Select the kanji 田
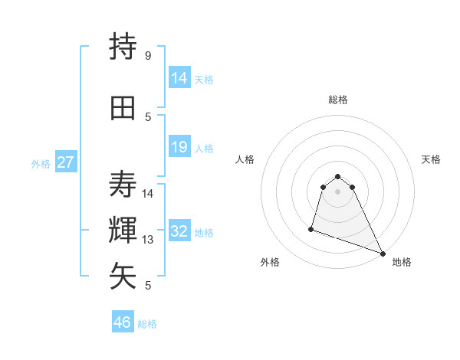pyautogui.click(x=123, y=108)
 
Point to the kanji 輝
pyautogui.click(x=123, y=230)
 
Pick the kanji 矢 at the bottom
pyautogui.click(x=123, y=276)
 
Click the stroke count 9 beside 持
pyautogui.click(x=148, y=56)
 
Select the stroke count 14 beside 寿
pyautogui.click(x=149, y=193)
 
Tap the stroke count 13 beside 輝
pyautogui.click(x=149, y=240)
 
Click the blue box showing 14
pyautogui.click(x=179, y=77)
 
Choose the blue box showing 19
pyautogui.click(x=179, y=147)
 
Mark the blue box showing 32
pyautogui.click(x=179, y=231)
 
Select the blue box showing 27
pyautogui.click(x=65, y=162)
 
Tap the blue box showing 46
pyautogui.click(x=122, y=322)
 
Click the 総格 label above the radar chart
pyautogui.click(x=338, y=100)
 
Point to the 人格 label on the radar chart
pyautogui.click(x=245, y=159)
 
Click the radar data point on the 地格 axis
pyautogui.click(x=383, y=254)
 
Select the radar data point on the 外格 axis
pyautogui.click(x=311, y=228)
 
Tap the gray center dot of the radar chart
pyautogui.click(x=338, y=201)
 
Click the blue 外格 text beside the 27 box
pyautogui.click(x=41, y=164)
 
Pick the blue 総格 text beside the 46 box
pyautogui.click(x=147, y=324)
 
